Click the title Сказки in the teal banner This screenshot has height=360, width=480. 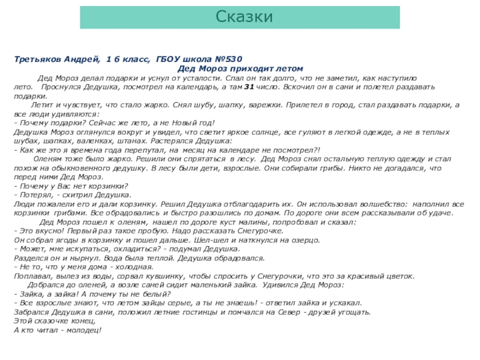(x=245, y=17)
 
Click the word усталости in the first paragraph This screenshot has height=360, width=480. (x=199, y=78)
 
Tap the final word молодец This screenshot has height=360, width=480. (x=85, y=330)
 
